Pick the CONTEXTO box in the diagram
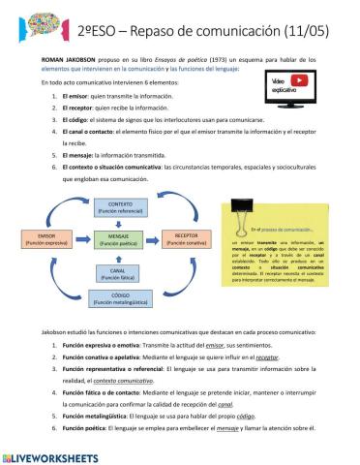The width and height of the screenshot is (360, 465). pos(119,207)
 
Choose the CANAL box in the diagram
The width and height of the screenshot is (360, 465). pos(119,273)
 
